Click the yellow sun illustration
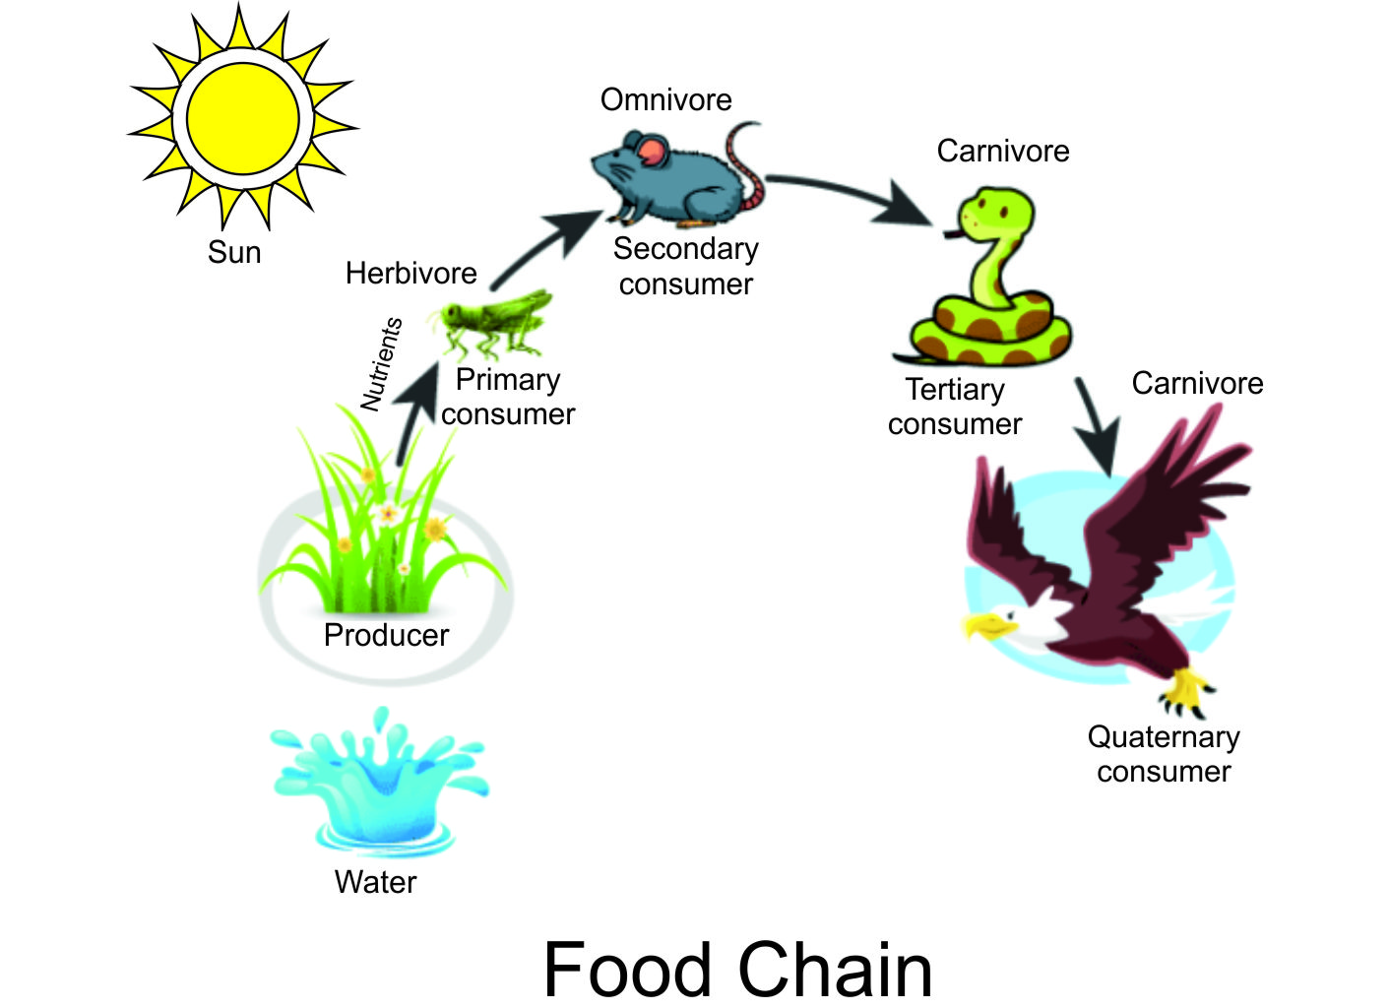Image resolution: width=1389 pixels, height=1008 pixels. point(242,119)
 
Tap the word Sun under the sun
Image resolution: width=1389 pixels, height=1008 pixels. point(234,252)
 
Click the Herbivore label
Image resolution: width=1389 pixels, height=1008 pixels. point(410,273)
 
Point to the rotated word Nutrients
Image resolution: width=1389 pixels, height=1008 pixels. point(381,363)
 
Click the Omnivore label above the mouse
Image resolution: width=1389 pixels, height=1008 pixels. point(665,99)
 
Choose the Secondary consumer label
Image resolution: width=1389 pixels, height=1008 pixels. point(685,266)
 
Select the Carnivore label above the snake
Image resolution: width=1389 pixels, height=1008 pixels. point(1002,151)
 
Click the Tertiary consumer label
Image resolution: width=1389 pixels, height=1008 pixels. point(954,407)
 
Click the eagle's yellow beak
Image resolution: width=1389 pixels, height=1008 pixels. point(986,625)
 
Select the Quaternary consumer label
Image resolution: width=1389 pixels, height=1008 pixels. point(1164,754)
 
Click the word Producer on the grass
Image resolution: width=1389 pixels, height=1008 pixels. point(386,635)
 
